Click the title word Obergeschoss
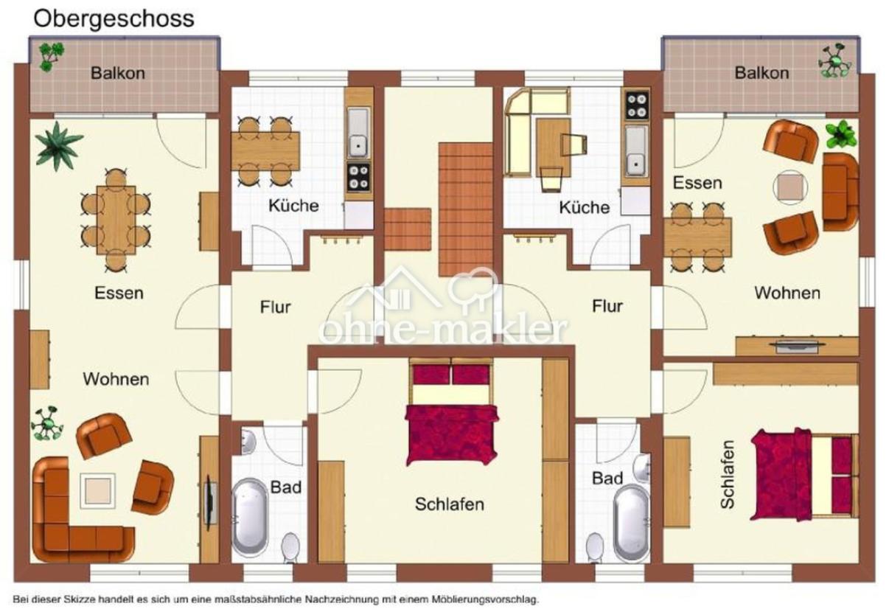point(114,19)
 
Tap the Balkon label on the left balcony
point(118,73)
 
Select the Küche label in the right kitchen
point(585,207)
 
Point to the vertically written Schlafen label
point(727,474)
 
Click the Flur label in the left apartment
point(276,307)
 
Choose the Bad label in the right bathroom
point(607,479)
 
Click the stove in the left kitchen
point(359,176)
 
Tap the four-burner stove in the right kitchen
point(638,105)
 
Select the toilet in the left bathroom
point(290,548)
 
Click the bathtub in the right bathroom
point(631,522)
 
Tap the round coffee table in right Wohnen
point(790,187)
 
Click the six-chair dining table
point(116,220)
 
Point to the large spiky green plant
point(59,146)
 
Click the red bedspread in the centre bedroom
point(452,434)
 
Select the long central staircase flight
point(466,209)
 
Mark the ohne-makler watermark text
point(443,329)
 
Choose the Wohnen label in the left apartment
point(116,379)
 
